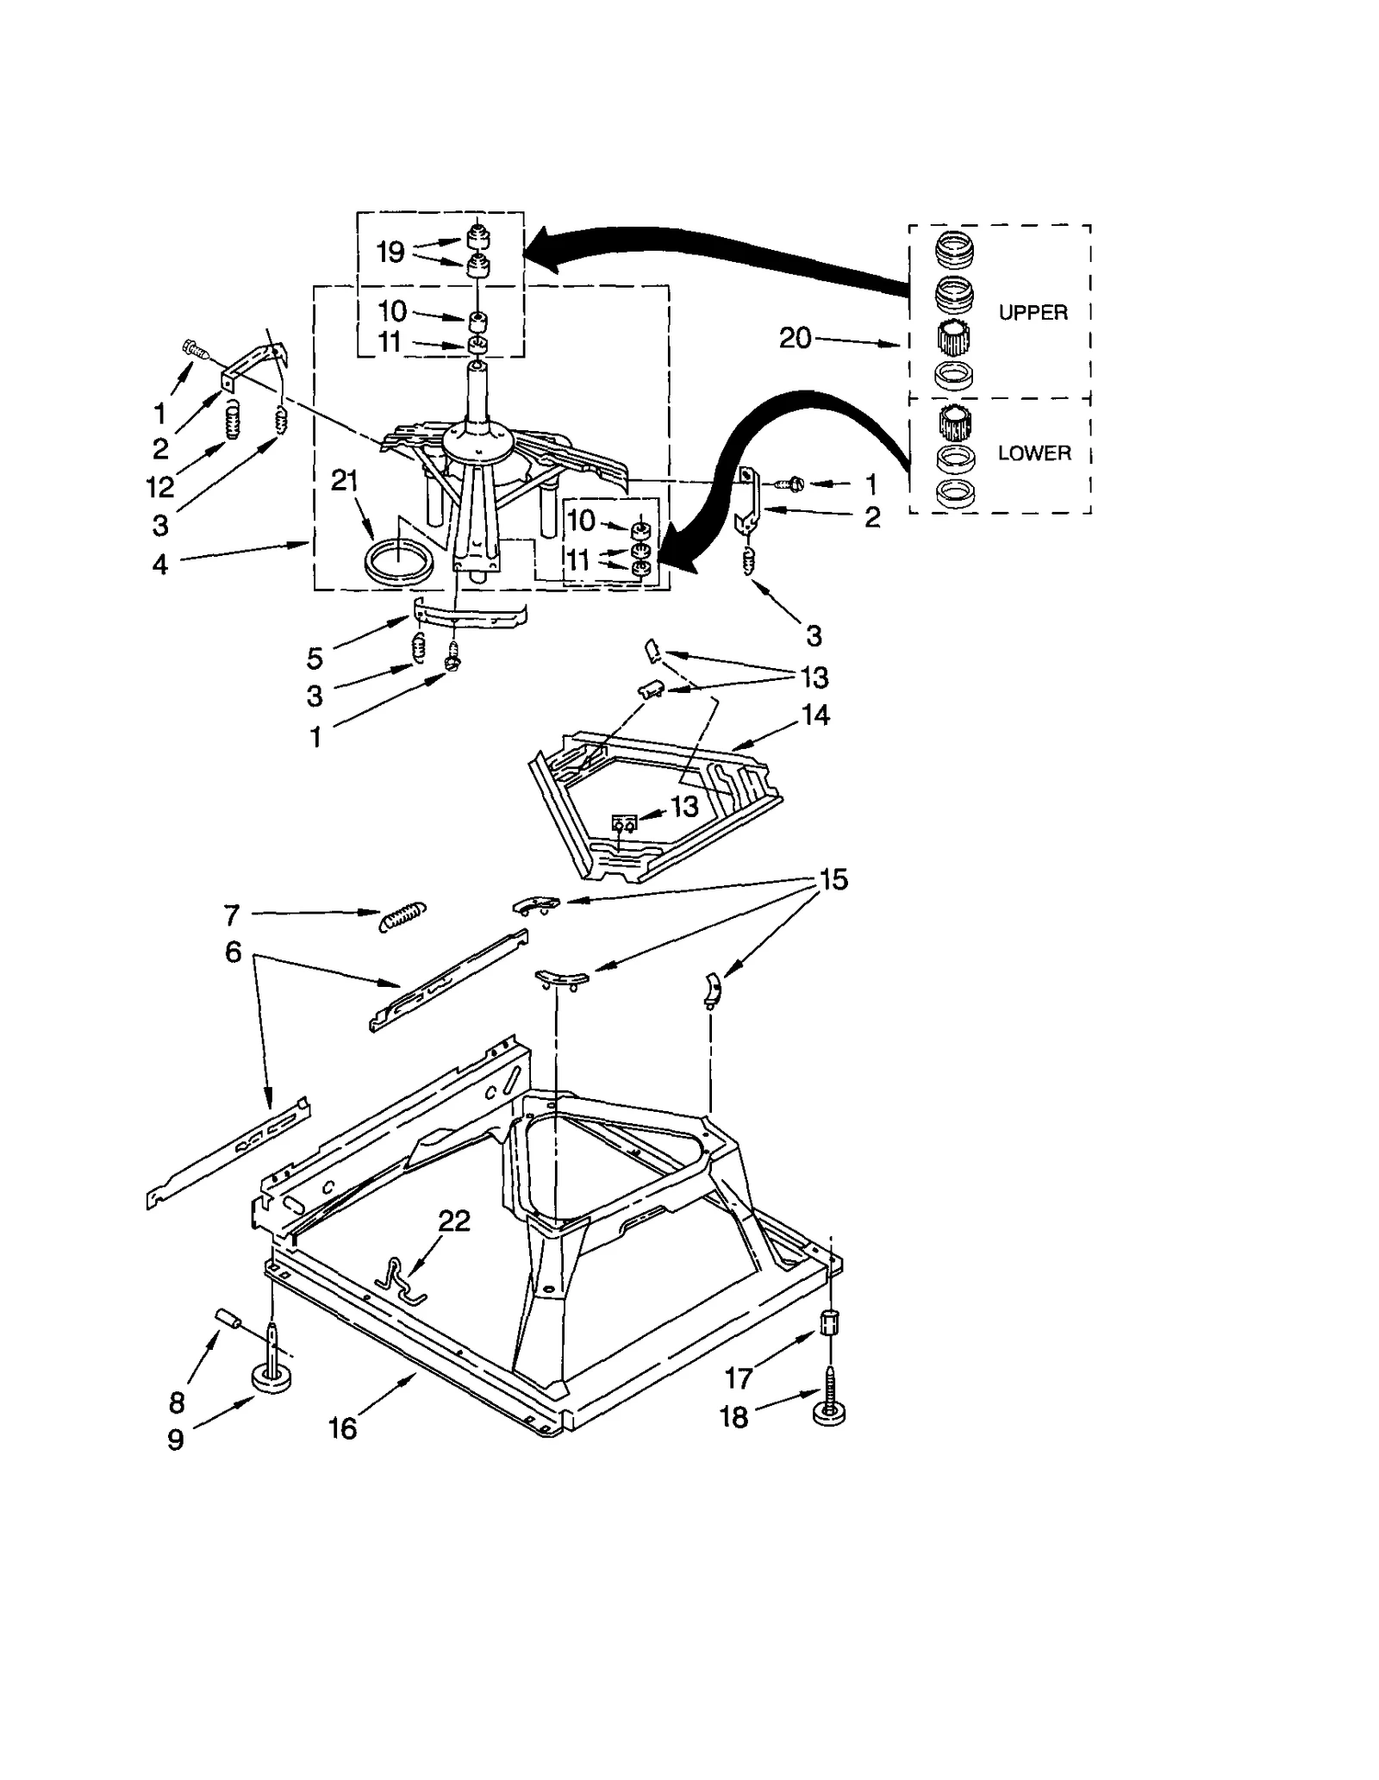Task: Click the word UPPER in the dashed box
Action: coord(1033,313)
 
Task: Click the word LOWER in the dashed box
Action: coord(1033,453)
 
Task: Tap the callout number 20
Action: coord(795,339)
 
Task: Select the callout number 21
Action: coord(344,481)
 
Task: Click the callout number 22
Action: coord(454,1221)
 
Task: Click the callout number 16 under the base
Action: coord(342,1428)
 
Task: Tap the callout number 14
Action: coord(815,715)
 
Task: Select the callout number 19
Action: coord(390,252)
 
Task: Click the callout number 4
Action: coord(160,565)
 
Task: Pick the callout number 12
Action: coord(160,488)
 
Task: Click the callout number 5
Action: coord(315,659)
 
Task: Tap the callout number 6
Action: coord(233,952)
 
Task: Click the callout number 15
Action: coord(833,879)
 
